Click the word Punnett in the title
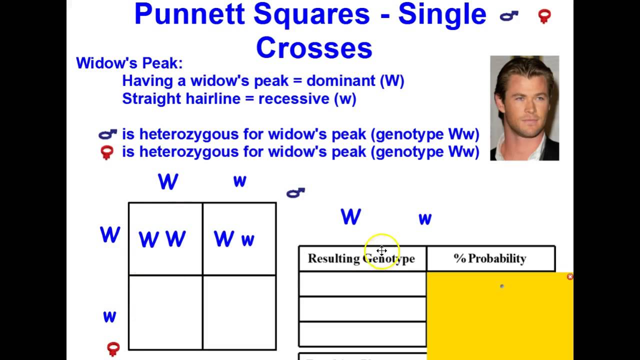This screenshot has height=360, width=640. (x=190, y=15)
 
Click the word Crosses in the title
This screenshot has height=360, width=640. (x=314, y=48)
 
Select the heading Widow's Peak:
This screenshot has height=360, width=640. (x=129, y=63)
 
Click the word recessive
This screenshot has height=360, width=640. (x=280, y=98)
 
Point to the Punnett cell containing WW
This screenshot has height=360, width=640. (x=165, y=239)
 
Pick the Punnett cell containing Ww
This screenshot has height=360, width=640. (x=239, y=239)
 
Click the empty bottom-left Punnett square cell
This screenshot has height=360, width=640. (x=165, y=312)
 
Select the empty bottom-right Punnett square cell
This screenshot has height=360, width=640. (x=239, y=312)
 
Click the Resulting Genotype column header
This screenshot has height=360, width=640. (x=361, y=258)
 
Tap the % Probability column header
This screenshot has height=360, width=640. (x=490, y=258)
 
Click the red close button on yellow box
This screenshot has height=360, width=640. (x=570, y=276)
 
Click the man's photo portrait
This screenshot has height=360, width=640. (x=524, y=108)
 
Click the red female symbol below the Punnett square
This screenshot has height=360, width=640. (x=113, y=348)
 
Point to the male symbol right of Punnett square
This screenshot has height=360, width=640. (x=295, y=192)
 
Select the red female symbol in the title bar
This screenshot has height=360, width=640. (x=544, y=16)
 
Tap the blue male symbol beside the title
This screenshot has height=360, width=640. (x=509, y=16)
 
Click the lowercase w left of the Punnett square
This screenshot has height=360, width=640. (x=109, y=316)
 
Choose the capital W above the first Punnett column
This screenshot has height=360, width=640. (x=168, y=182)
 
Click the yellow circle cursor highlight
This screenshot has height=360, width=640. (x=381, y=250)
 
